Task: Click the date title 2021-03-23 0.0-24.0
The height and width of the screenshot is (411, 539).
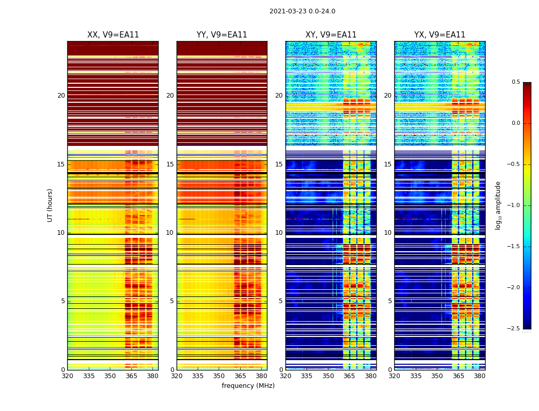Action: click(x=302, y=11)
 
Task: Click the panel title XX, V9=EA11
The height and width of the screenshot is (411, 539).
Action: click(x=113, y=35)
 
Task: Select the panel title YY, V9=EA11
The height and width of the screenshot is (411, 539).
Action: click(x=222, y=35)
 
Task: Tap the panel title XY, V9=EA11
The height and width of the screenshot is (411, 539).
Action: click(x=331, y=35)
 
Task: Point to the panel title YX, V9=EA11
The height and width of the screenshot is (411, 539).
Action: click(x=440, y=35)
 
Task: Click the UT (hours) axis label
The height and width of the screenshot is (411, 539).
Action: click(x=50, y=205)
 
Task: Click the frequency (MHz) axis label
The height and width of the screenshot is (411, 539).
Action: click(x=248, y=386)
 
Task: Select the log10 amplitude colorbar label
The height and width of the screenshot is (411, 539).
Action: click(x=498, y=206)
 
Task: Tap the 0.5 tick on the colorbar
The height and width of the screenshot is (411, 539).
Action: click(x=515, y=82)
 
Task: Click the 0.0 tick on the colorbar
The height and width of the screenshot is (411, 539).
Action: click(x=515, y=123)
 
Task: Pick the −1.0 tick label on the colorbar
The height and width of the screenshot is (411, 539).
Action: click(x=514, y=206)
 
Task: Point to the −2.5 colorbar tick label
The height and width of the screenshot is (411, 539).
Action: click(x=514, y=329)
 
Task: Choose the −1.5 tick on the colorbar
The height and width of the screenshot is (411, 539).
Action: click(x=514, y=247)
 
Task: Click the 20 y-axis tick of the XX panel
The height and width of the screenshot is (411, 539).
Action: click(x=61, y=96)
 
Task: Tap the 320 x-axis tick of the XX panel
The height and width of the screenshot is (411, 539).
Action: click(x=67, y=376)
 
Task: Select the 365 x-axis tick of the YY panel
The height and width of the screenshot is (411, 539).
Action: click(x=240, y=376)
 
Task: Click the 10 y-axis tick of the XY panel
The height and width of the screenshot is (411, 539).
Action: click(x=279, y=233)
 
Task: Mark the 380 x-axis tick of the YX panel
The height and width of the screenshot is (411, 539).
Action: click(x=479, y=376)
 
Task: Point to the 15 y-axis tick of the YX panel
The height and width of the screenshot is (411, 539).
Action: click(x=388, y=164)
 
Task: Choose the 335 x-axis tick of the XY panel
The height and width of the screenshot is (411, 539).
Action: click(x=306, y=376)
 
